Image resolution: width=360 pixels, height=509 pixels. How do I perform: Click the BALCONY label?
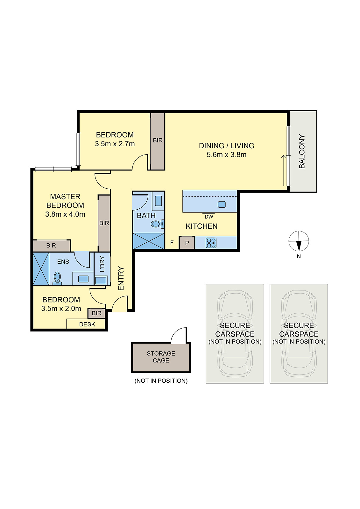point(302,151)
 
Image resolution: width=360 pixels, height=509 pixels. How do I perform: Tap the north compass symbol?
point(299,241)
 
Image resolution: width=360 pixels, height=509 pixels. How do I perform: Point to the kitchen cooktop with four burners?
point(211,243)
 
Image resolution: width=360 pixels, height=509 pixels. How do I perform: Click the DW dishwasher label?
point(209,217)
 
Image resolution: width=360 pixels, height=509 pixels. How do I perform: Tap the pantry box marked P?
point(187,243)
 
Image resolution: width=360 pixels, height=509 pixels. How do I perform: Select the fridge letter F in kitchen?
point(172,243)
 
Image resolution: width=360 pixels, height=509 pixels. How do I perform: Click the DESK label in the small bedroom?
point(87,324)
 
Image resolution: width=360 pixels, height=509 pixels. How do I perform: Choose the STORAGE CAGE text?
point(161,357)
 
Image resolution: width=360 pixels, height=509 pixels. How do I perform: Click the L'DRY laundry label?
point(102,264)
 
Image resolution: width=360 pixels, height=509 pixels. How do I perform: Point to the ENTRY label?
point(121,278)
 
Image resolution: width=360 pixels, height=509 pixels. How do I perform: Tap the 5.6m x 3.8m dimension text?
point(226,155)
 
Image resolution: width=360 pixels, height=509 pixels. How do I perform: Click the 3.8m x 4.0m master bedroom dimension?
point(65,214)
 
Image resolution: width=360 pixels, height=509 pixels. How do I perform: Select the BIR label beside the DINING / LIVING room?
point(158,140)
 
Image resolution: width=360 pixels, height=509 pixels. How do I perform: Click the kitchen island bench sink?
point(222,204)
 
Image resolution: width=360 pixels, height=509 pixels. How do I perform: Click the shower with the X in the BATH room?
point(149,241)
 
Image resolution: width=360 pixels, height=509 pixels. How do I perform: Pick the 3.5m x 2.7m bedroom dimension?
point(115,144)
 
